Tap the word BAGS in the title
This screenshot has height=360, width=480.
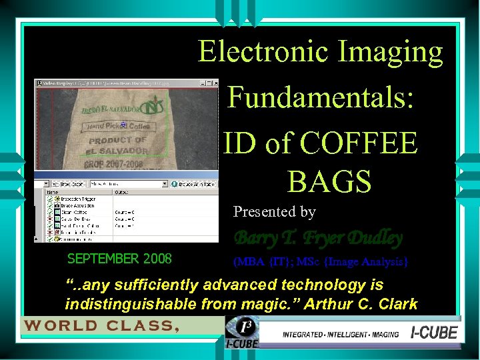[x=329, y=180]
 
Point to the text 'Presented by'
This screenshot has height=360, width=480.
[x=274, y=212]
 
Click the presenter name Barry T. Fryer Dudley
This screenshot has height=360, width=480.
[x=319, y=237]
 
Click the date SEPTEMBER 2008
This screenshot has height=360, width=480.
[x=120, y=259]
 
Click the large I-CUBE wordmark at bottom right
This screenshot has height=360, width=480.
[x=433, y=332]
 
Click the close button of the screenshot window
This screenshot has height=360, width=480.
[x=215, y=83]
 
